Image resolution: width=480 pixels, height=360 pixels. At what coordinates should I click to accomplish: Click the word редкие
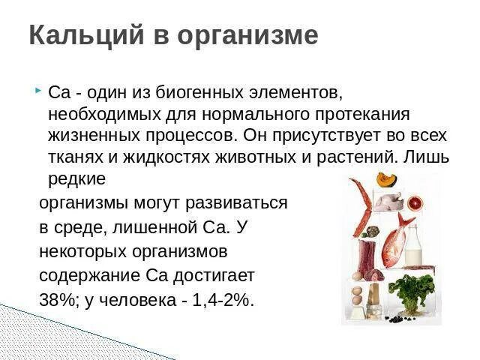76,181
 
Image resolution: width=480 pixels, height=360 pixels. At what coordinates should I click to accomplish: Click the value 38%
55,301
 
